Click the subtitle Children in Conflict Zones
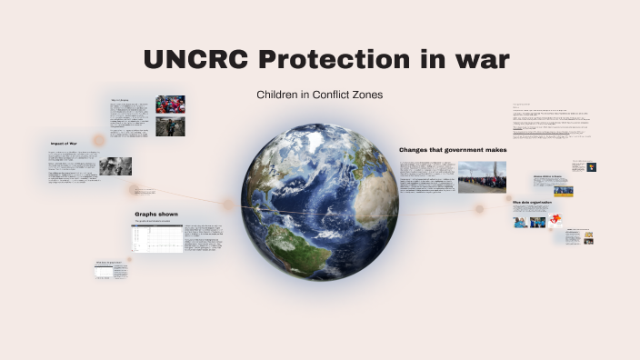click(319, 95)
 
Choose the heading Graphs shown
click(155, 214)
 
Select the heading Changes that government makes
click(453, 149)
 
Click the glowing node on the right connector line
click(479, 209)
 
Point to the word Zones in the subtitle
click(362, 95)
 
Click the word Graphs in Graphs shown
click(148, 214)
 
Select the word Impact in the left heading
click(61, 144)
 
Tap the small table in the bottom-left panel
click(118, 271)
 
